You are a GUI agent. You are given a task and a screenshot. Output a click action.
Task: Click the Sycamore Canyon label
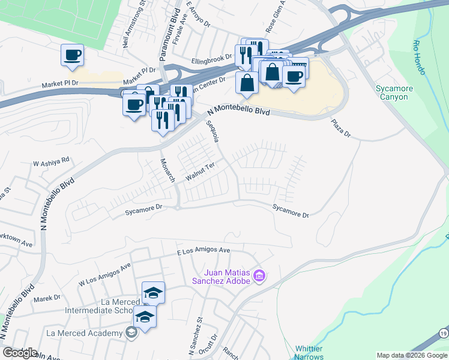coord(391,92)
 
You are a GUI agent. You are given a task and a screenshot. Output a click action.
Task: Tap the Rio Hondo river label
coord(419,58)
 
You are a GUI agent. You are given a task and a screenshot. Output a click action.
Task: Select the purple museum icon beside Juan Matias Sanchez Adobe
coord(259,276)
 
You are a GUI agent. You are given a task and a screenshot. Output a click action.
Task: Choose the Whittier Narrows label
coord(309,352)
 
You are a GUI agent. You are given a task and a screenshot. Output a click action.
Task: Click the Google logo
coord(20,353)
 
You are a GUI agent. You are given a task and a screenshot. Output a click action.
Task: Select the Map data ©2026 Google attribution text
coord(411,355)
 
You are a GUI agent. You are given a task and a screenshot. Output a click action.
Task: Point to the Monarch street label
coord(167,170)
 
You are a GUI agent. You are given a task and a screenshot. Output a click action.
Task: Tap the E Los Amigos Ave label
coord(204,250)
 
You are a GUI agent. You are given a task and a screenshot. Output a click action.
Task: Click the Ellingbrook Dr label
coord(212,58)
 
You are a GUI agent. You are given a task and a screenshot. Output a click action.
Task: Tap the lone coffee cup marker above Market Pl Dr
coord(72,56)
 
